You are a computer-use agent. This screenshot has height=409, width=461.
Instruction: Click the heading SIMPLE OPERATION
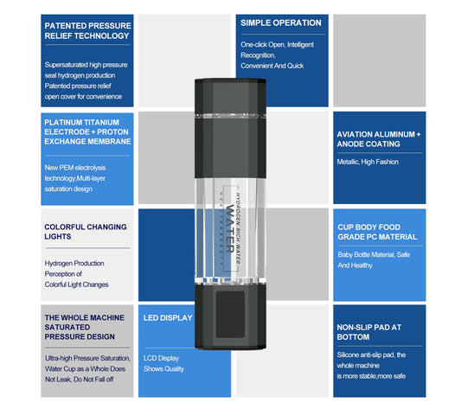[x=281, y=23]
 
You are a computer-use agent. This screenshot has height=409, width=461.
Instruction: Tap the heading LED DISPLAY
[x=168, y=318]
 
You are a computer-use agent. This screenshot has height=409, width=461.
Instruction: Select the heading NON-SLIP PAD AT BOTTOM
[x=369, y=332]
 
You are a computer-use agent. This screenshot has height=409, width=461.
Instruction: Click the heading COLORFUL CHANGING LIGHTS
[x=86, y=232]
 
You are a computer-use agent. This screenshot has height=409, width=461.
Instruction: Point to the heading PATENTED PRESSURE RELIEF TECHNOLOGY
[x=88, y=30]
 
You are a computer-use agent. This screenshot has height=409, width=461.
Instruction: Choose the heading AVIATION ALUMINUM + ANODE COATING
[x=379, y=139]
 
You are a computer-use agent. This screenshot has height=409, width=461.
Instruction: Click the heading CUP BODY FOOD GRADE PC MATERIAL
[x=377, y=232]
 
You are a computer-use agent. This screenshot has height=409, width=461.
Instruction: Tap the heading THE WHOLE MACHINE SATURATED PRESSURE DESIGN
[x=85, y=327]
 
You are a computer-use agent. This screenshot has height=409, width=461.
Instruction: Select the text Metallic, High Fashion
[x=368, y=162]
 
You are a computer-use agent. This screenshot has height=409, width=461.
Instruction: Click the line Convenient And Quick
[x=272, y=66]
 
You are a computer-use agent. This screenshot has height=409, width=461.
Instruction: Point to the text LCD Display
[x=161, y=358]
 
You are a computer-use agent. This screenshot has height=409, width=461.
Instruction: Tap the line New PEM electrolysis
[x=75, y=168]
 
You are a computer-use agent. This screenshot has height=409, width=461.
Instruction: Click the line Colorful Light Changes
[x=76, y=284]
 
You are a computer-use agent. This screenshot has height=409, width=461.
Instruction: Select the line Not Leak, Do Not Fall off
[x=80, y=380]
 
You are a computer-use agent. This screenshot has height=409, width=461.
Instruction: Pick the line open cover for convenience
[x=83, y=97]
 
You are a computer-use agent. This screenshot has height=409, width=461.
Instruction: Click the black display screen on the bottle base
[x=230, y=314]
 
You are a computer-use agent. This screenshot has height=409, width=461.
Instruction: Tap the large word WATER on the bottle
[x=230, y=229]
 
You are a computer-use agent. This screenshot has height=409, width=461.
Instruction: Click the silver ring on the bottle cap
[x=230, y=116]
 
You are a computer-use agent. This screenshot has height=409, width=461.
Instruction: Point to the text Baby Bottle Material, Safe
[x=374, y=254]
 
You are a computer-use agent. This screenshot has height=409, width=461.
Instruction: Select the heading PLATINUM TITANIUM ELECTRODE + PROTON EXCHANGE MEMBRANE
[x=87, y=132]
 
